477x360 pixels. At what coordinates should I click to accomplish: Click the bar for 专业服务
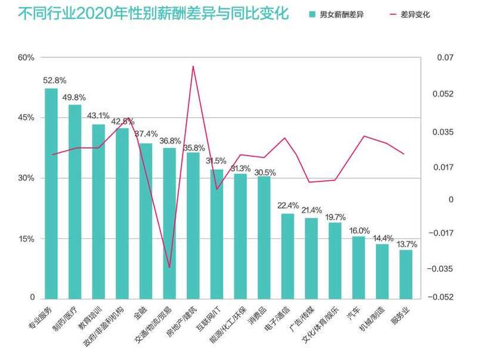[51, 193]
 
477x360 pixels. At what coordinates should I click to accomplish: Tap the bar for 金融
[146, 221]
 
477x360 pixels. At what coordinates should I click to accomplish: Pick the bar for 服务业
[406, 274]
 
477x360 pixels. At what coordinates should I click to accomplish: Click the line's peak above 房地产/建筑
[193, 66]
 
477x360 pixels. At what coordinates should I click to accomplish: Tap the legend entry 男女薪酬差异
[337, 14]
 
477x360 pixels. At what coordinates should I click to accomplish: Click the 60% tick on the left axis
[26, 58]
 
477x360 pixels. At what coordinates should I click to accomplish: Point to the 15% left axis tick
[26, 239]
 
